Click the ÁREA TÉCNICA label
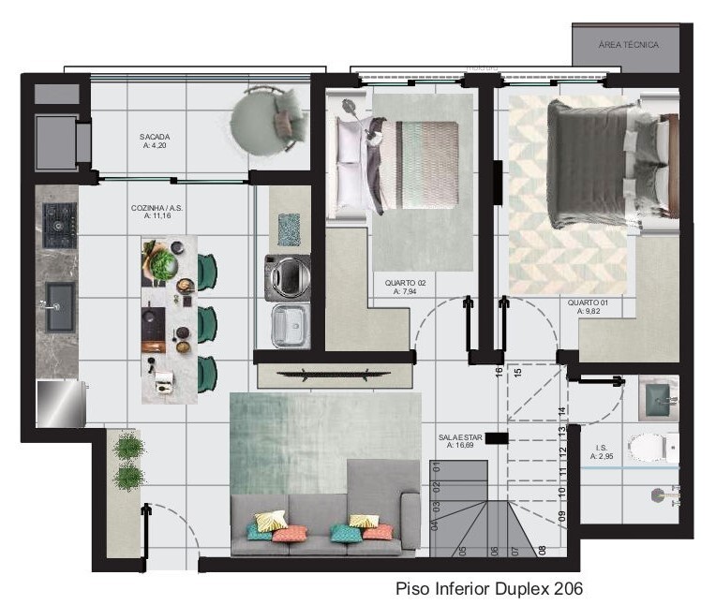pyautogui.click(x=628, y=45)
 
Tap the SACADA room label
pyautogui.click(x=155, y=140)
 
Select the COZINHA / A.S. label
pyautogui.click(x=149, y=212)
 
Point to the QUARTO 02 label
pyautogui.click(x=405, y=287)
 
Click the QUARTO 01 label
pyautogui.click(x=588, y=307)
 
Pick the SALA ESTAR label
pyautogui.click(x=459, y=441)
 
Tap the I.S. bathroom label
pyautogui.click(x=601, y=452)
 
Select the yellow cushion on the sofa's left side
pyautogui.click(x=270, y=521)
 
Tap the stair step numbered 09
pyautogui.click(x=561, y=514)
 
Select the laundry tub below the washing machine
pyautogui.click(x=289, y=326)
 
